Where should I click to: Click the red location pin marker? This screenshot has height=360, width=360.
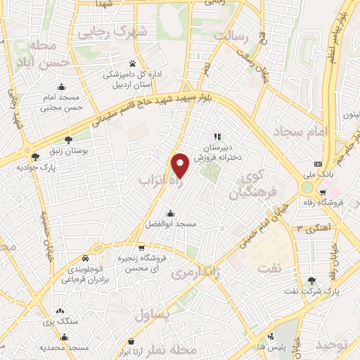(x=181, y=166)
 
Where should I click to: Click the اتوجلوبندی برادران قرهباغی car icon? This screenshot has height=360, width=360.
(x=85, y=258)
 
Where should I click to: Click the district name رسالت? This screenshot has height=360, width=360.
(x=232, y=35)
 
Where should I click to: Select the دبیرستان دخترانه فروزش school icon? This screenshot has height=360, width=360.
(x=217, y=136)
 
